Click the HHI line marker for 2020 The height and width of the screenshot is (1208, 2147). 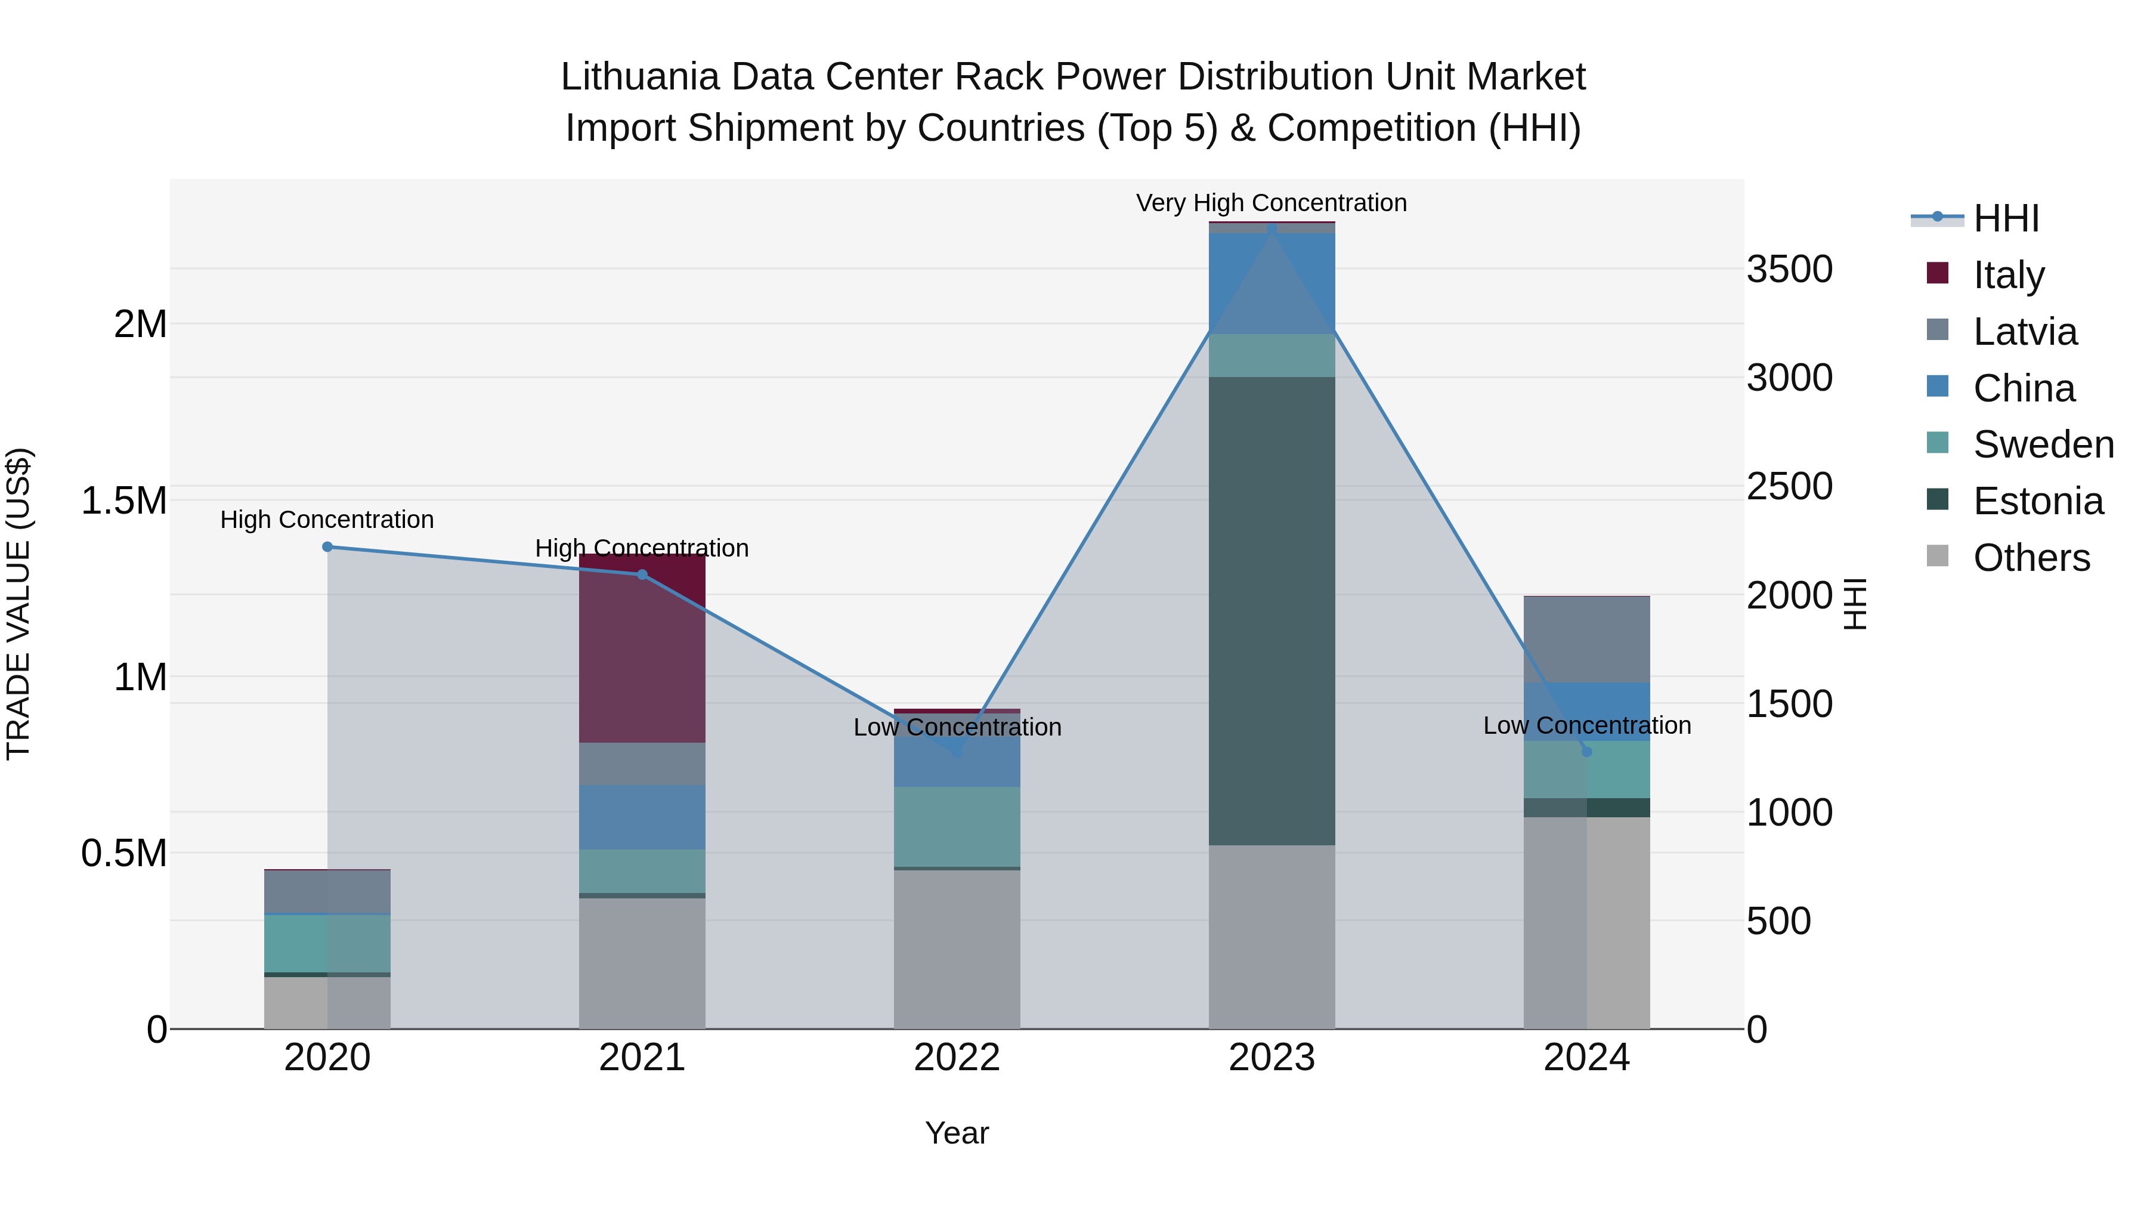[x=327, y=547]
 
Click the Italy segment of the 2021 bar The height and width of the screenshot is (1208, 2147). [x=642, y=648]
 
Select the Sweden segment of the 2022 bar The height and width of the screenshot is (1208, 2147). [x=957, y=826]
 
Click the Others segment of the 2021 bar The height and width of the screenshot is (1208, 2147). [x=642, y=963]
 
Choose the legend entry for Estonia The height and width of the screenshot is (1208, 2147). [x=2037, y=501]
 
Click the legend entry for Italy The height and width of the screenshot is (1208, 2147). [x=2008, y=274]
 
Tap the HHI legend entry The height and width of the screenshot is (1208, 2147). [x=2004, y=218]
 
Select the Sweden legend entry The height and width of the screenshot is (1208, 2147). [x=2042, y=444]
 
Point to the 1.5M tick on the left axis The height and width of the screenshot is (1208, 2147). [x=124, y=501]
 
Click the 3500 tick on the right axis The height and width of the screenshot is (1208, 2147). [x=1789, y=269]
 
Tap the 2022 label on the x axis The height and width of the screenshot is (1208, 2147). [x=957, y=1057]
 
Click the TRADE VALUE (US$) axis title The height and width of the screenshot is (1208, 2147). [x=18, y=604]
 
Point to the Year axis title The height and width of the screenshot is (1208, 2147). [x=957, y=1133]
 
